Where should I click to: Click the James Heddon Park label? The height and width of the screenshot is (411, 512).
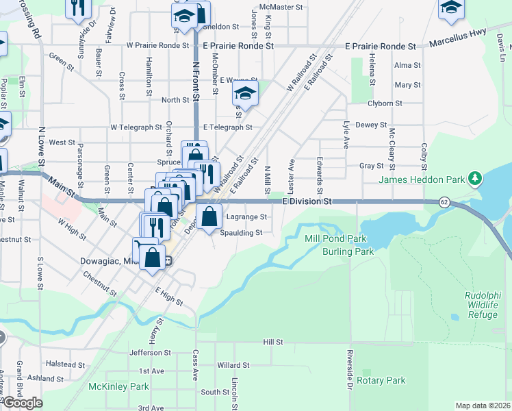click(x=422, y=179)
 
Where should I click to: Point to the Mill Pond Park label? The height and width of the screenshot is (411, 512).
click(x=335, y=239)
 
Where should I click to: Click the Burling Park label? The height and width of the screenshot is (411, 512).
click(x=348, y=251)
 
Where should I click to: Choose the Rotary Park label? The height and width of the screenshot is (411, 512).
click(x=381, y=380)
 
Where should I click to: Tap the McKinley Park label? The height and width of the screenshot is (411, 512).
click(x=118, y=386)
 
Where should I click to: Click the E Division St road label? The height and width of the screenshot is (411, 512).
click(x=307, y=201)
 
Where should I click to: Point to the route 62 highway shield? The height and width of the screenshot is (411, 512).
click(x=445, y=202)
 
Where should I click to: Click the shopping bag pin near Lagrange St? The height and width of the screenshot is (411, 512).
click(x=210, y=217)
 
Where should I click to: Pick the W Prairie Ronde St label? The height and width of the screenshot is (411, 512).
click(x=158, y=45)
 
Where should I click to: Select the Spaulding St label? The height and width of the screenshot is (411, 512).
click(x=242, y=233)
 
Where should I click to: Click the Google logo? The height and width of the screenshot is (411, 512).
click(x=23, y=403)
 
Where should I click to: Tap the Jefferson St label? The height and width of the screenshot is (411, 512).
click(x=151, y=352)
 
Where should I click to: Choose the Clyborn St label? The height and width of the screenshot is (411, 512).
click(x=384, y=103)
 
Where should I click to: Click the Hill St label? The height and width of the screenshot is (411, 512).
click(x=273, y=341)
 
